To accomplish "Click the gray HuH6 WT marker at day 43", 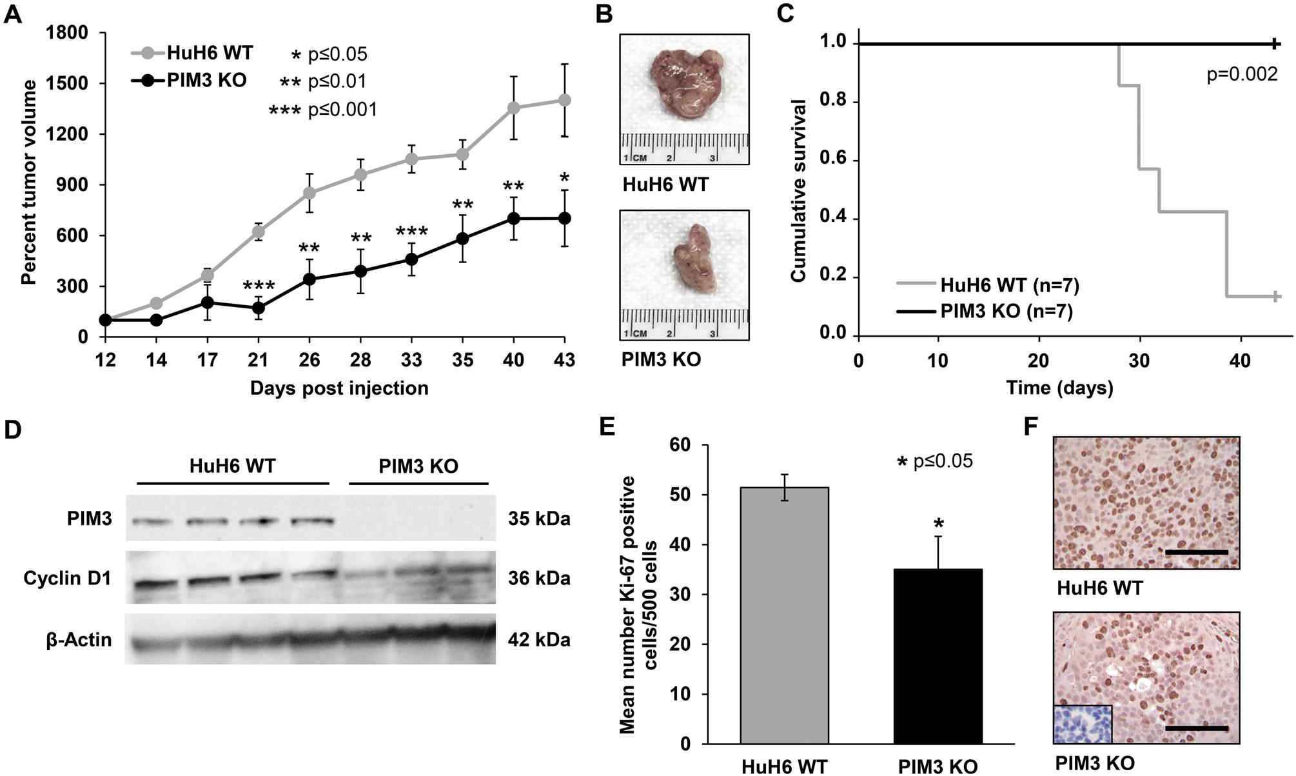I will point(565,100).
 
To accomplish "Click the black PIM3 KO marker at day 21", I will point(259,308).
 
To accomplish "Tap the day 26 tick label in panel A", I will point(309,360).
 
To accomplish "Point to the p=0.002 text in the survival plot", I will point(1241,75).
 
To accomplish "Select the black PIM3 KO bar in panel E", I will point(938,656).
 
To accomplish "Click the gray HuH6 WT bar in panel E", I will point(784,615).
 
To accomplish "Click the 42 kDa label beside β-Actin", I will point(538,640).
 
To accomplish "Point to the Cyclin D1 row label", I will point(67,579).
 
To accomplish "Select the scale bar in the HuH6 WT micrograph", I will point(1197,553).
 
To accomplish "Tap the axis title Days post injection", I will point(339,388).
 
